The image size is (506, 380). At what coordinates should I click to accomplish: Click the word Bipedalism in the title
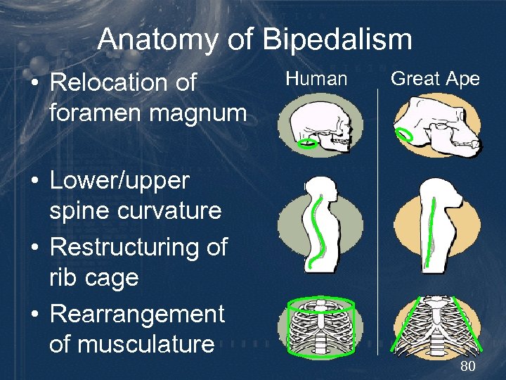click(338, 39)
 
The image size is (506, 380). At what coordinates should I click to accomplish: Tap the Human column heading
click(316, 79)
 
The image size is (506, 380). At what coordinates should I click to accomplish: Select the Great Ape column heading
click(435, 79)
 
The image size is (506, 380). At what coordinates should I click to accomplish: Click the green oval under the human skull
click(307, 144)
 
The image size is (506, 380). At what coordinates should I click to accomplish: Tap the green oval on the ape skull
click(405, 134)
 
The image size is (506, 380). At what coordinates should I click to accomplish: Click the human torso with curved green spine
click(319, 225)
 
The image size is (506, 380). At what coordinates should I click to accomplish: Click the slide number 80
click(468, 367)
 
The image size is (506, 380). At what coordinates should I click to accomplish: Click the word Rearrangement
click(137, 314)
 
